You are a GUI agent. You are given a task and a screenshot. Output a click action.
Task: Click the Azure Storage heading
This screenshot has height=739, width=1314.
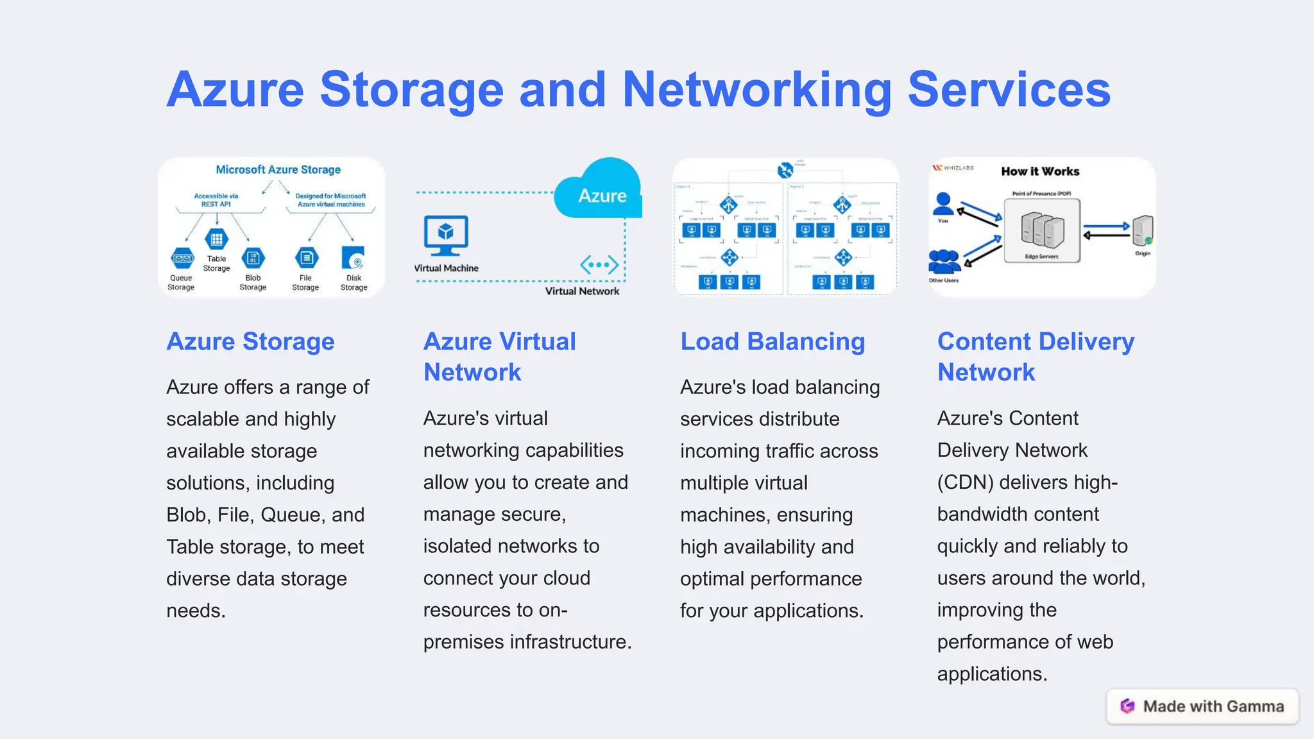[250, 341]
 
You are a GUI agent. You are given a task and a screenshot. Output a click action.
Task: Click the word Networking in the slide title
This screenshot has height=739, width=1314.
[757, 90]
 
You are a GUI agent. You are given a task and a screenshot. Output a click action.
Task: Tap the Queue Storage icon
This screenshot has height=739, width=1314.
[182, 259]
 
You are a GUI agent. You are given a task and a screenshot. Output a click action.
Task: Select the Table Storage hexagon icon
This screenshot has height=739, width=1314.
[216, 240]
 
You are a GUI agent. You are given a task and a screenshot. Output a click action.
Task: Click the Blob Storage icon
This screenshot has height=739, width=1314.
[253, 258]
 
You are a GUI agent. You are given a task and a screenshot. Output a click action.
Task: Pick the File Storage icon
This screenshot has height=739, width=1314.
[306, 258]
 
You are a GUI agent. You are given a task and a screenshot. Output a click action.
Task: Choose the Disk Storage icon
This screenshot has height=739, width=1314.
[354, 259]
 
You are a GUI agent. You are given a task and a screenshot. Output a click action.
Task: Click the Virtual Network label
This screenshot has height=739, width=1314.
[582, 291]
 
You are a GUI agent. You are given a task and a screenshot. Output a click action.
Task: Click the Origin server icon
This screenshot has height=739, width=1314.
[1142, 231]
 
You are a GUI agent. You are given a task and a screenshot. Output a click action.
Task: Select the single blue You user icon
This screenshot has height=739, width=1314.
[943, 204]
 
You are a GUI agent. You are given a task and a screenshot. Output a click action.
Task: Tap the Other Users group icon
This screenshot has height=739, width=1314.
[944, 262]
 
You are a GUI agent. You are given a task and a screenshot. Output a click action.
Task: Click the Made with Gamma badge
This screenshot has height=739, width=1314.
[1202, 706]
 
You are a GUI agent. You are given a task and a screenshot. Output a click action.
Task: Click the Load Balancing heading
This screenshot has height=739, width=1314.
[772, 341]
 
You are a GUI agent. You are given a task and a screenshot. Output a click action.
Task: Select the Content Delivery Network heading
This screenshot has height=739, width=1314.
[1035, 357]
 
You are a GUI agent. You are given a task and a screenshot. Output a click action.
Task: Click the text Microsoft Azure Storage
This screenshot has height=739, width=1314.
[278, 170]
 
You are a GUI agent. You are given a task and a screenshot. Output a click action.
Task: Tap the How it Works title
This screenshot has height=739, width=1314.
[1040, 171]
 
